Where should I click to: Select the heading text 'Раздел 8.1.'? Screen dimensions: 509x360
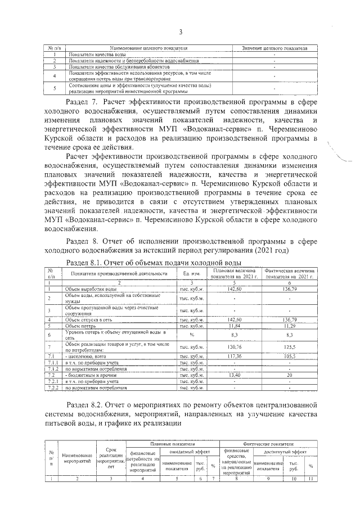(x=85, y=263)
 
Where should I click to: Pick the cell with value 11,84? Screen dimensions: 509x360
(x=231, y=326)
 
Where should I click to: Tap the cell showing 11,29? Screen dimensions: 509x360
(x=288, y=326)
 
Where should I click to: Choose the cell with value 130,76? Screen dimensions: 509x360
(x=231, y=347)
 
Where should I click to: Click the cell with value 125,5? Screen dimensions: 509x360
(x=288, y=347)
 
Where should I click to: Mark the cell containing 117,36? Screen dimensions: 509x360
(x=231, y=357)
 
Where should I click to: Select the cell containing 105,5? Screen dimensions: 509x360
(x=288, y=357)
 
